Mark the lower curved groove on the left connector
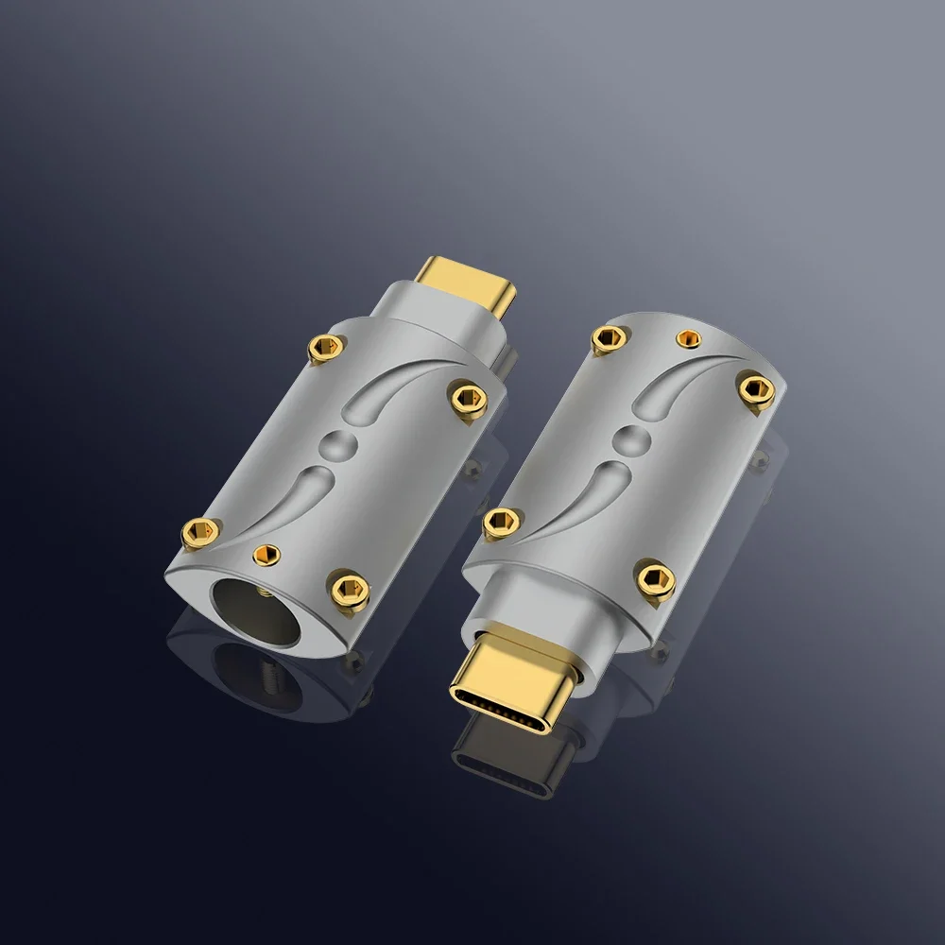click(283, 500)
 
